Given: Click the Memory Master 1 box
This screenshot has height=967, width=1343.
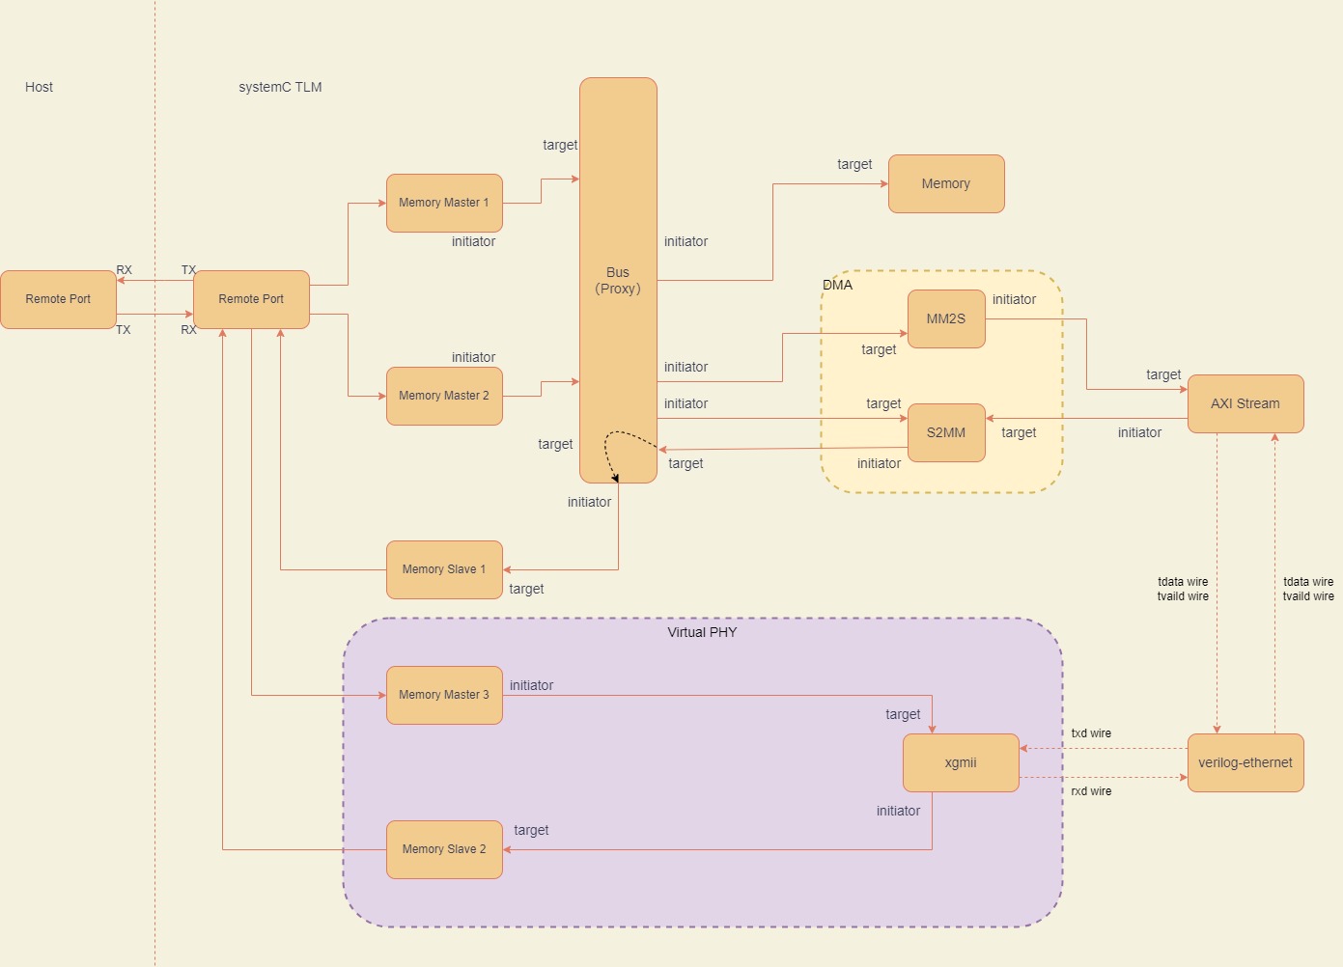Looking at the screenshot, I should (444, 203).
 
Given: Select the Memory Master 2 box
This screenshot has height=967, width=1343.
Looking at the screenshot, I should (444, 396).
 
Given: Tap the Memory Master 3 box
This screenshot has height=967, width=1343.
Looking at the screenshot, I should (444, 695).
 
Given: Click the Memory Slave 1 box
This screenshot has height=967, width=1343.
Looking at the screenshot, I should (444, 569).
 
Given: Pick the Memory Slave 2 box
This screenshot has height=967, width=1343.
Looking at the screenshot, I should (444, 849).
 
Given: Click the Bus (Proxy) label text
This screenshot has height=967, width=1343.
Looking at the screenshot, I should (618, 281).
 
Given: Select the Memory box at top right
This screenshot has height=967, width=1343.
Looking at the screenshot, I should (946, 183).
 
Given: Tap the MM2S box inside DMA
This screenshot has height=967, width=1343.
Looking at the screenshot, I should (946, 318).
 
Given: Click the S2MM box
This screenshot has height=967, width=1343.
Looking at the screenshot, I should (946, 432).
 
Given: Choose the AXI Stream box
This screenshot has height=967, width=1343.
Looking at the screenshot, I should (1245, 403).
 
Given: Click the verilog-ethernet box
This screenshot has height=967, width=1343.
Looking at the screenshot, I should (1245, 762).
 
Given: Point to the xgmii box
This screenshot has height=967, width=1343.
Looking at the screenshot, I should (961, 762).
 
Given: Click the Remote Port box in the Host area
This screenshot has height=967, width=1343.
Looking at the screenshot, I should (58, 299).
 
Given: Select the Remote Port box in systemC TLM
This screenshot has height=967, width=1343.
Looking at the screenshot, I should (251, 299).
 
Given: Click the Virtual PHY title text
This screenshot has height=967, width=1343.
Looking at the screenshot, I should (702, 632).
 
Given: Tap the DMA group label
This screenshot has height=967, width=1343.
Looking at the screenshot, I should (837, 285).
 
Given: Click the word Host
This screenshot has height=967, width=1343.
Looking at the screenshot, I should (39, 87).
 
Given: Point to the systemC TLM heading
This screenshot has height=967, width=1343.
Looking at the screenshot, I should (280, 87).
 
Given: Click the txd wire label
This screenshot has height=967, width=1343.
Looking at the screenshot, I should (1091, 733).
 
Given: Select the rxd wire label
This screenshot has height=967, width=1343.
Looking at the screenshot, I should (1091, 791).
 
